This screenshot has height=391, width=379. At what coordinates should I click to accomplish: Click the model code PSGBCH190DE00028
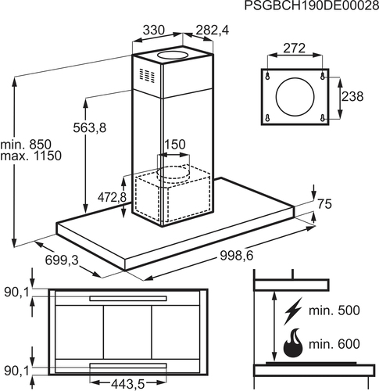point(312,5)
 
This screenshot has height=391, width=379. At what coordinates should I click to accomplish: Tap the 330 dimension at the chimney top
point(154,30)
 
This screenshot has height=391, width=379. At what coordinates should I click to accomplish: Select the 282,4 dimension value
point(213,30)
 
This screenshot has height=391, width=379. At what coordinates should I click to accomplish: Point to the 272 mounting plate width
point(295,48)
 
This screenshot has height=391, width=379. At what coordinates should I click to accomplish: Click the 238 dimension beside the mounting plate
point(352,96)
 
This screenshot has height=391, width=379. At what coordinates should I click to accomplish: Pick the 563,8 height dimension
point(90,127)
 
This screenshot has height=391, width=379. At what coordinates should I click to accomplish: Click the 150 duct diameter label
point(175,144)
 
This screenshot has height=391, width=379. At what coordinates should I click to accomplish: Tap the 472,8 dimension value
point(112,197)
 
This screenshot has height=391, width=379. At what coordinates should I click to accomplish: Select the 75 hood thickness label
point(324,204)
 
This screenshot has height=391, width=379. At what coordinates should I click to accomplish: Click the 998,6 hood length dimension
point(237,256)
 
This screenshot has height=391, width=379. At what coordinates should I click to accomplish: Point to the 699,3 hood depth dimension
point(62,260)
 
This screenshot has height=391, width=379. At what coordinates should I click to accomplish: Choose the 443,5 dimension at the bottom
point(128,384)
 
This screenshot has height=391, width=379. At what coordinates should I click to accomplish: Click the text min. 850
point(26,144)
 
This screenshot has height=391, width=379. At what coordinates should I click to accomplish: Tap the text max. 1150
point(31,156)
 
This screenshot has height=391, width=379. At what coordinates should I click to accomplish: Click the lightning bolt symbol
point(293,311)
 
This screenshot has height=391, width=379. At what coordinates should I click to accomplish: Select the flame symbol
point(293,343)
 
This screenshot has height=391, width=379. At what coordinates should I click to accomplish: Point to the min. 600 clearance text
point(334,344)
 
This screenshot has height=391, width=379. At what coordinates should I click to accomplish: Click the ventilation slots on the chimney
point(147,74)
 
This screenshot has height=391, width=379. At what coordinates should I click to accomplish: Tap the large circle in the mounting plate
point(295,96)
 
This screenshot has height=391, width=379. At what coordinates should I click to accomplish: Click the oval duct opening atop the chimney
point(172,55)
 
